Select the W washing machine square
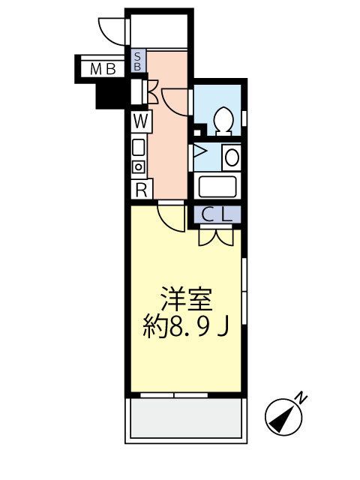click(x=140, y=121)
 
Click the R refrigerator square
click(x=140, y=189)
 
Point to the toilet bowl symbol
click(x=223, y=119)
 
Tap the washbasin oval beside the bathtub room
click(x=232, y=157)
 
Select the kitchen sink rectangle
click(x=139, y=147)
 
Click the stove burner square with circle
click(x=139, y=166)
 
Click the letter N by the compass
click(x=300, y=395)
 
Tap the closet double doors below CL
click(x=216, y=236)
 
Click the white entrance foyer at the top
click(x=160, y=30)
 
